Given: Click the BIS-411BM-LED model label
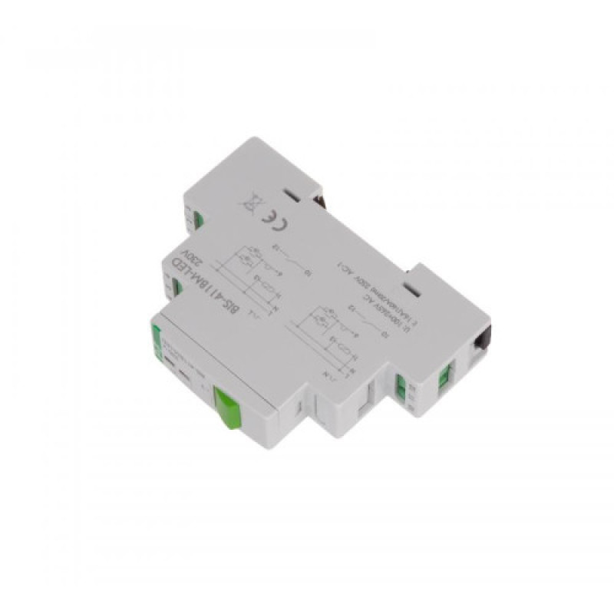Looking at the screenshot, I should [191, 283].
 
